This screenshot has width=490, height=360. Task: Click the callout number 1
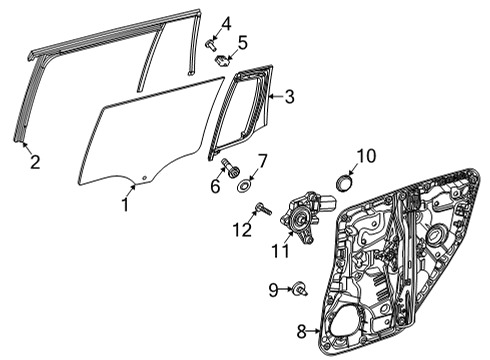point(125,204)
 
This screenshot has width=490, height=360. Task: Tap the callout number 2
point(35,161)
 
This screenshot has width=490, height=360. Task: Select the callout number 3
point(289,97)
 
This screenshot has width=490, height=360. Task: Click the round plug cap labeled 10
point(343,183)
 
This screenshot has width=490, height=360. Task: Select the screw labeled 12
point(264,209)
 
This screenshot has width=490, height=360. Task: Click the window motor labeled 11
point(306,216)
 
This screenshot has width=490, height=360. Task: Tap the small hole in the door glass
point(144,178)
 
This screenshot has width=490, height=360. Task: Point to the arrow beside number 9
point(285,289)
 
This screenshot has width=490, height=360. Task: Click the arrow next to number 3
point(276,96)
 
